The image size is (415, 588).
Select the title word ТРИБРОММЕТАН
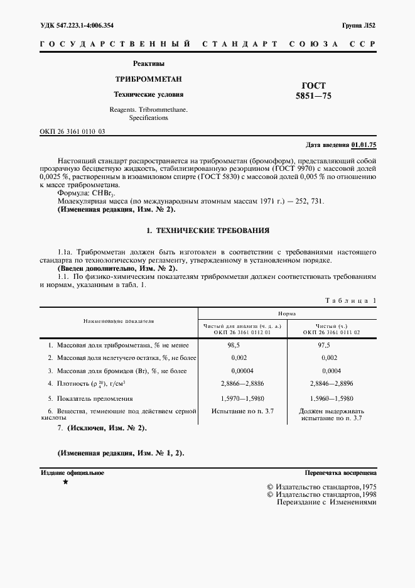click(x=148, y=79)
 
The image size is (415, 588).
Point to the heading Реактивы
click(x=149, y=63)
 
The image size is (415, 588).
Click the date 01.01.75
click(x=364, y=145)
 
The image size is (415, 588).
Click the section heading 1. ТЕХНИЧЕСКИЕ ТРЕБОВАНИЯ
click(x=208, y=231)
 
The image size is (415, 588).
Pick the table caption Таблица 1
click(x=351, y=301)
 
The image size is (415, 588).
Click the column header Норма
click(x=288, y=313)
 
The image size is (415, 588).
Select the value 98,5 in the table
click(x=235, y=346)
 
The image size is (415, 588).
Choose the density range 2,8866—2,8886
click(x=242, y=383)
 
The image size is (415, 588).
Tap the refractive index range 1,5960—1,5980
click(x=331, y=398)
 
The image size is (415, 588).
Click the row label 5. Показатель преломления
click(x=90, y=398)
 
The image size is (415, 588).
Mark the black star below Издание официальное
click(x=65, y=482)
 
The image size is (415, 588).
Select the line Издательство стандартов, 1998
click(x=321, y=495)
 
